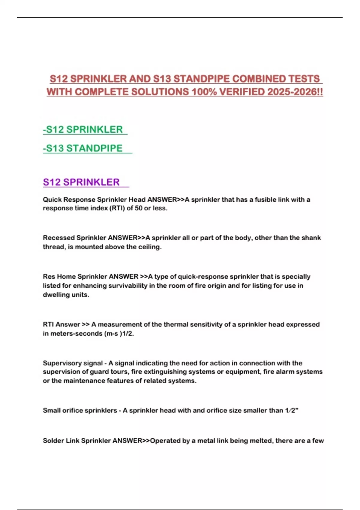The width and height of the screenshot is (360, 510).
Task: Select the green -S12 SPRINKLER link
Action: point(83,130)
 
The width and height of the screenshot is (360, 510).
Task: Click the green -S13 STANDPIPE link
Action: point(83,148)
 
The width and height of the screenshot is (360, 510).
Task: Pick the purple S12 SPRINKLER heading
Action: point(81,182)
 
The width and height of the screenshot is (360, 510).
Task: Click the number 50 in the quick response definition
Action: point(139,208)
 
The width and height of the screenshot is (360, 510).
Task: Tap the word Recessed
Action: point(58,238)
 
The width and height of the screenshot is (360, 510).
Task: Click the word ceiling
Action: point(149,247)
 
